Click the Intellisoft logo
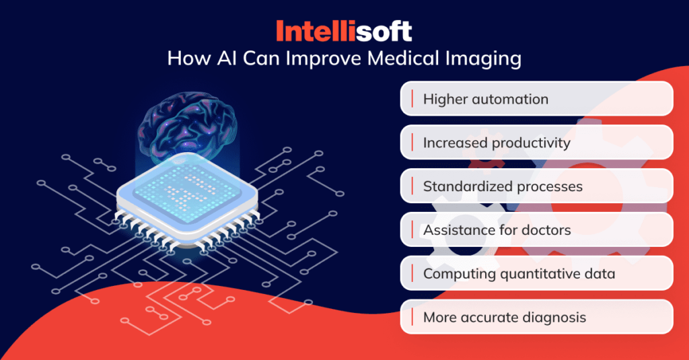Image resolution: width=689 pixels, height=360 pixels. point(344,31)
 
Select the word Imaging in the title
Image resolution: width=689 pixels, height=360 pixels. point(483,59)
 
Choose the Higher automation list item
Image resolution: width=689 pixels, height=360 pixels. point(485,100)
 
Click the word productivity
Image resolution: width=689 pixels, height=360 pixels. point(531,143)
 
